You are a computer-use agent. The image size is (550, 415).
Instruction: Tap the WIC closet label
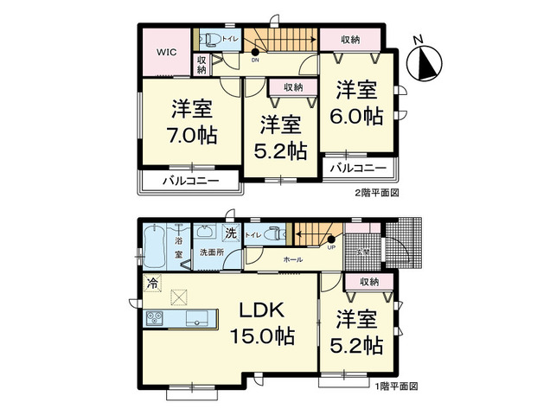pyautogui.click(x=166, y=52)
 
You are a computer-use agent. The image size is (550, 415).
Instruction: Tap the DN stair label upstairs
pyautogui.click(x=255, y=61)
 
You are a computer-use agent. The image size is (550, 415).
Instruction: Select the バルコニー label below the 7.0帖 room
pyautogui.click(x=188, y=182)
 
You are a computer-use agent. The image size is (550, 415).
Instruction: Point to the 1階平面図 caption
pyautogui.click(x=395, y=386)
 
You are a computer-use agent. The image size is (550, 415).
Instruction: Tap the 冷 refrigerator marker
pyautogui.click(x=152, y=283)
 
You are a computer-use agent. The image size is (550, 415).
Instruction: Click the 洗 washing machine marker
pyautogui.click(x=231, y=233)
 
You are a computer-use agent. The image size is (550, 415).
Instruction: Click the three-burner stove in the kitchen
pyautogui.click(x=156, y=318)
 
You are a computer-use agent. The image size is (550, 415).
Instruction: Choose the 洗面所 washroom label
pyautogui.click(x=211, y=252)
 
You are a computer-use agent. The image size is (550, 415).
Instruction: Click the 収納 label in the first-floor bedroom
pyautogui.click(x=369, y=282)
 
